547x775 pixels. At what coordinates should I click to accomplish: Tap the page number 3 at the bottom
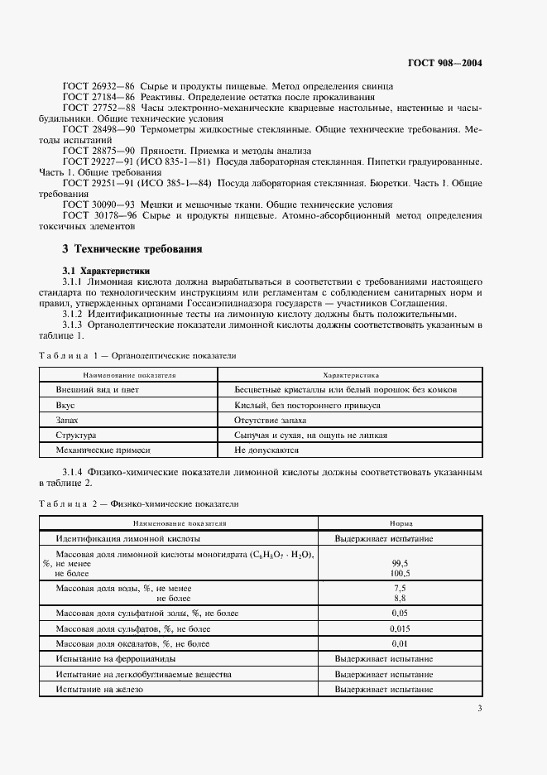480,708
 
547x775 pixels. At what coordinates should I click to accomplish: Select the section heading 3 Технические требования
132,248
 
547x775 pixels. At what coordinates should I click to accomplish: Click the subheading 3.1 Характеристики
106,270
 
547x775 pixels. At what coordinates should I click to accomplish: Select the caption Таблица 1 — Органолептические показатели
137,355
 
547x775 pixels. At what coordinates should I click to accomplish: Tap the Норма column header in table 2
401,523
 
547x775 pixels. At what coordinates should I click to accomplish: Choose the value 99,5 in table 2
401,562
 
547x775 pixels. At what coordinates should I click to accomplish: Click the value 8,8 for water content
401,597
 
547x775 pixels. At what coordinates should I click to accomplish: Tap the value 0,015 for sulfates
401,628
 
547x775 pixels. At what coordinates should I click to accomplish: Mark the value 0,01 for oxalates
401,643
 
